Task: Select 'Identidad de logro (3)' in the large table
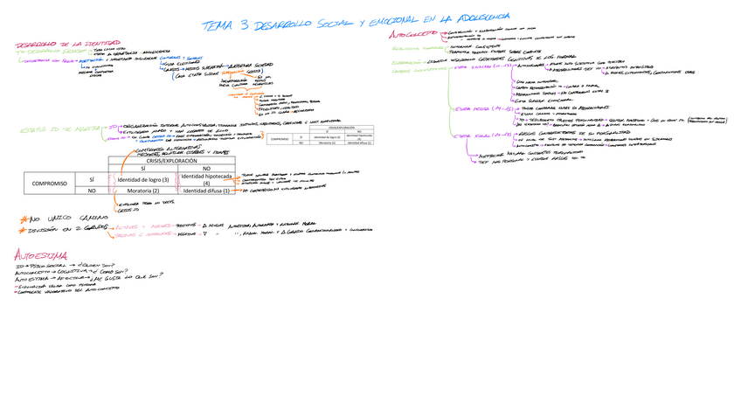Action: [x=148, y=179]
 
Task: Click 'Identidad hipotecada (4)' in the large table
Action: [x=206, y=179]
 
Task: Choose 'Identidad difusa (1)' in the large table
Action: [x=206, y=191]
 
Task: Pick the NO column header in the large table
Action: [x=206, y=169]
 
